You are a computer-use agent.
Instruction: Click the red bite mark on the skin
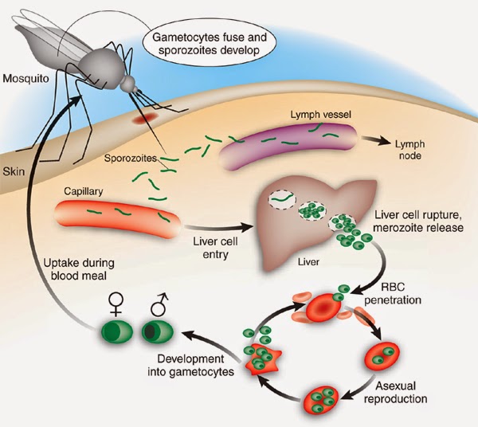click(x=145, y=119)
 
